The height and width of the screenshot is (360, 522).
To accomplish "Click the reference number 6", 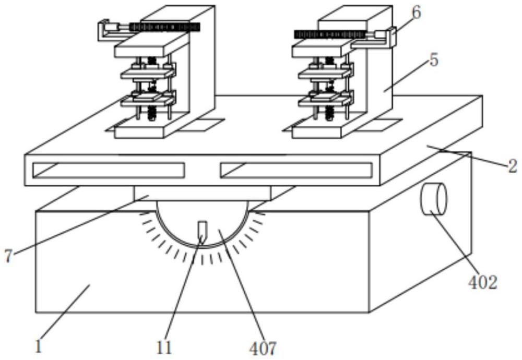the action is [416, 14].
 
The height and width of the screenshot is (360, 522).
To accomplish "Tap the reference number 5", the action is [433, 61].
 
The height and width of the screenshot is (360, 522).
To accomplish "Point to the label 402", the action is [483, 283].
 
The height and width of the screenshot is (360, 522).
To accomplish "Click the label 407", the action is [263, 348].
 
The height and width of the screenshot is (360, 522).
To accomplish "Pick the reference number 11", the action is [164, 348].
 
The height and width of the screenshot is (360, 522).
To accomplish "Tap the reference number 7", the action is [8, 256].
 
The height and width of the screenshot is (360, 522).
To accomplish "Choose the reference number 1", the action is [39, 346].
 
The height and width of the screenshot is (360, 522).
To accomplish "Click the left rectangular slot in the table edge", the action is [109, 170].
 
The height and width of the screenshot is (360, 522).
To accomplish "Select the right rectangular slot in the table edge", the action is [296, 170].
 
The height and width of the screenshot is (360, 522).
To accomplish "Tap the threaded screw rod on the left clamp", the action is [165, 27].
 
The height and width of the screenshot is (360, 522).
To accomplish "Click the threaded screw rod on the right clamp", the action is [330, 34].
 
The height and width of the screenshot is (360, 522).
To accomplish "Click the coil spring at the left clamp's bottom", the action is [152, 113].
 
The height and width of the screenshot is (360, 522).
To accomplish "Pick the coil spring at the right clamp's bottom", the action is [329, 113].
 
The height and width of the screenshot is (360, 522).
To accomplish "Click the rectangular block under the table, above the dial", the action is [203, 194].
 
